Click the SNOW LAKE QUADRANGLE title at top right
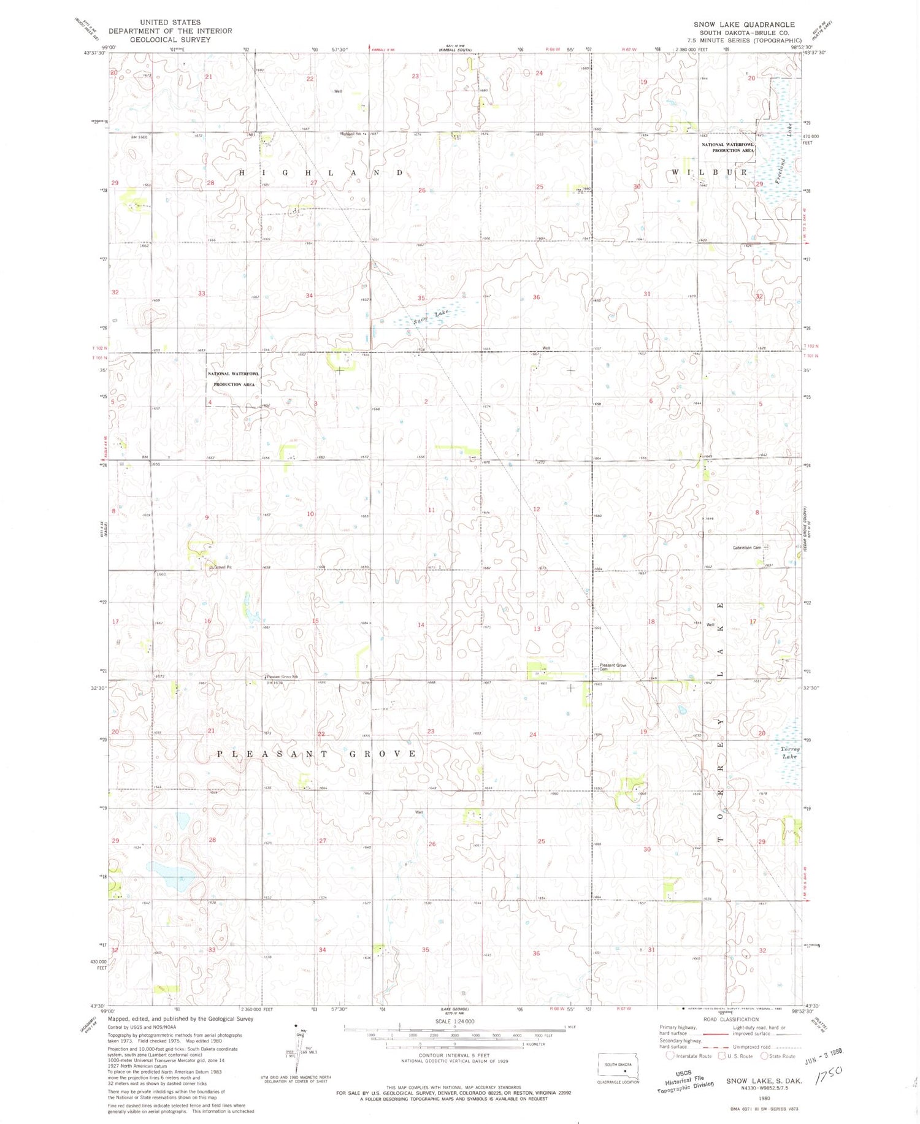744,25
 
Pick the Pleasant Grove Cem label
612,667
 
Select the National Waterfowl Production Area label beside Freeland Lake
728,147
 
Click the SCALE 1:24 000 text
454,1021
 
